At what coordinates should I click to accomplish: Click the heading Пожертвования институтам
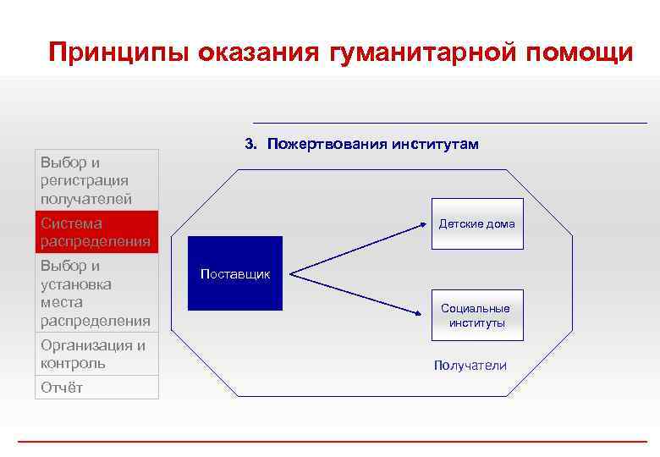coord(372,145)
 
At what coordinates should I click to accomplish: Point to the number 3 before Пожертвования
coord(250,145)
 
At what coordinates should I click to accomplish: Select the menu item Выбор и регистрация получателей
coord(96,180)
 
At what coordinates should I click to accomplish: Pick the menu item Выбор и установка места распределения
coord(96,293)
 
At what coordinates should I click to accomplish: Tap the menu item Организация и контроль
coord(96,355)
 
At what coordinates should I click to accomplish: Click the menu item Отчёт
coord(96,387)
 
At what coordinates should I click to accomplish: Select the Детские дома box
coord(476,224)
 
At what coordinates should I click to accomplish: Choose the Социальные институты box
coord(477,316)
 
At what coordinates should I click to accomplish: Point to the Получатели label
coord(470,366)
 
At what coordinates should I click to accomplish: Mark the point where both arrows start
coord(290,273)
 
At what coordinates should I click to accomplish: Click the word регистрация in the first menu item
coord(84,180)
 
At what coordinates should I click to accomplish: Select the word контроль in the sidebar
coord(73,363)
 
